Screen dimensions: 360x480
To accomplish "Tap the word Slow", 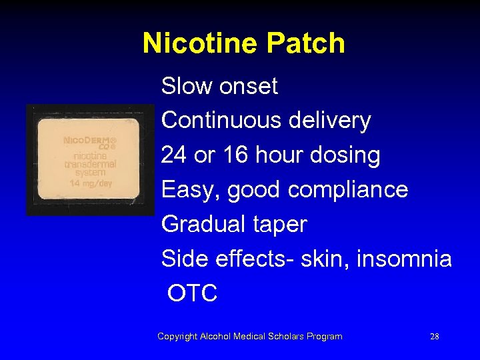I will (184, 86).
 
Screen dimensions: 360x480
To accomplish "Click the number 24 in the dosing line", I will (173, 155).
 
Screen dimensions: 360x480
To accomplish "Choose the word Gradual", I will (204, 225).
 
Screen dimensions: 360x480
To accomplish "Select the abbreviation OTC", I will (193, 294).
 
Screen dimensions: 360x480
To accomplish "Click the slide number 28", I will (435, 337).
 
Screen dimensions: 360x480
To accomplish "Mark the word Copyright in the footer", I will (177, 337).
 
